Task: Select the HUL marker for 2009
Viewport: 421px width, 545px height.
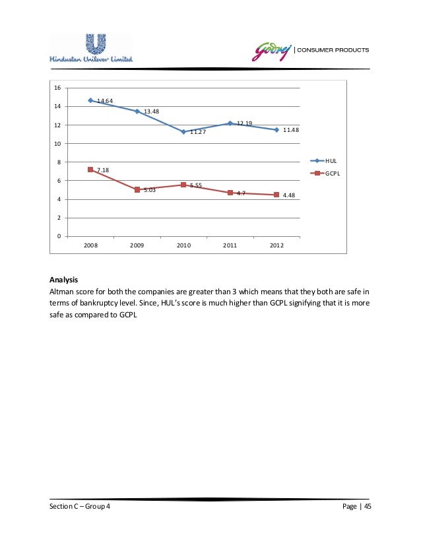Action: (x=137, y=112)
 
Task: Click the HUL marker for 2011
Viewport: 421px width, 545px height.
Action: (x=230, y=123)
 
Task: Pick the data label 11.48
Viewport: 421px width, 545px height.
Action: (x=291, y=130)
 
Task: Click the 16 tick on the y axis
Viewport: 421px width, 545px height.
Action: (x=57, y=88)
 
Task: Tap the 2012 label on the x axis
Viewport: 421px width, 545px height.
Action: (x=276, y=245)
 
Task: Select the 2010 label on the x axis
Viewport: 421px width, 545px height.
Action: (x=183, y=245)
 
